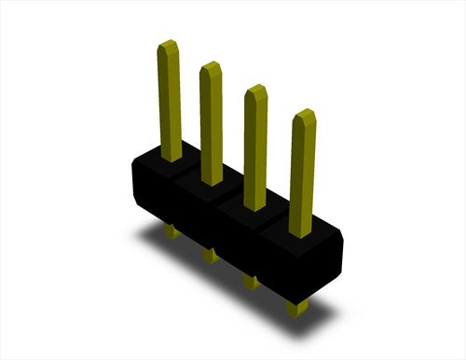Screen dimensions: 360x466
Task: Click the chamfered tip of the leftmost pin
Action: tap(168, 46)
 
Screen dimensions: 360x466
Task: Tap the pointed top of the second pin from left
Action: tap(211, 67)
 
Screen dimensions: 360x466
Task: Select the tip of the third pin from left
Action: tap(255, 90)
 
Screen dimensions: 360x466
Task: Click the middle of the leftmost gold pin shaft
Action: tap(170, 103)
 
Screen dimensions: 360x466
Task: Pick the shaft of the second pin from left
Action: tap(212, 126)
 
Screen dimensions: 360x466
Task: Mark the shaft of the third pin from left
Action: tap(255, 149)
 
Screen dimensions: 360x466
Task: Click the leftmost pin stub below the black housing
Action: tap(170, 229)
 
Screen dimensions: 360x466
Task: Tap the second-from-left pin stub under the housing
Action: tap(210, 254)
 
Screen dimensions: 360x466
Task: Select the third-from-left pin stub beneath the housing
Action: tap(250, 280)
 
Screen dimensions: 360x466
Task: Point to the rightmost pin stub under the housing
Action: tap(296, 307)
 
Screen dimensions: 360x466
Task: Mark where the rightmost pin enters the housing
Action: tap(300, 232)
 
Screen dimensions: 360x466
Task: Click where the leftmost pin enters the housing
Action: tap(171, 157)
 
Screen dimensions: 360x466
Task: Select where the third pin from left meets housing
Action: tap(254, 206)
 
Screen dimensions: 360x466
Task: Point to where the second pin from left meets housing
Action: tap(212, 181)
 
